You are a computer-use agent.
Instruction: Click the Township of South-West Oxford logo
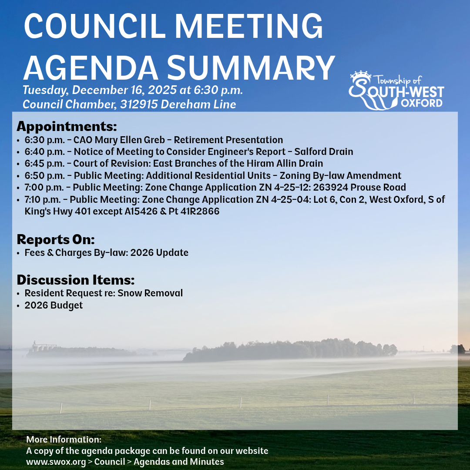[396, 90]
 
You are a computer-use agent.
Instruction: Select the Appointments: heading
[67, 127]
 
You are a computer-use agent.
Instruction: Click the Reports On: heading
[55, 239]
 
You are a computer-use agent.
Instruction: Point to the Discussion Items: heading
[75, 279]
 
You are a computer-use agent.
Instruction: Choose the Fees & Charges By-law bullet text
[106, 253]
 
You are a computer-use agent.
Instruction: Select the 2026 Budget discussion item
[54, 305]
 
